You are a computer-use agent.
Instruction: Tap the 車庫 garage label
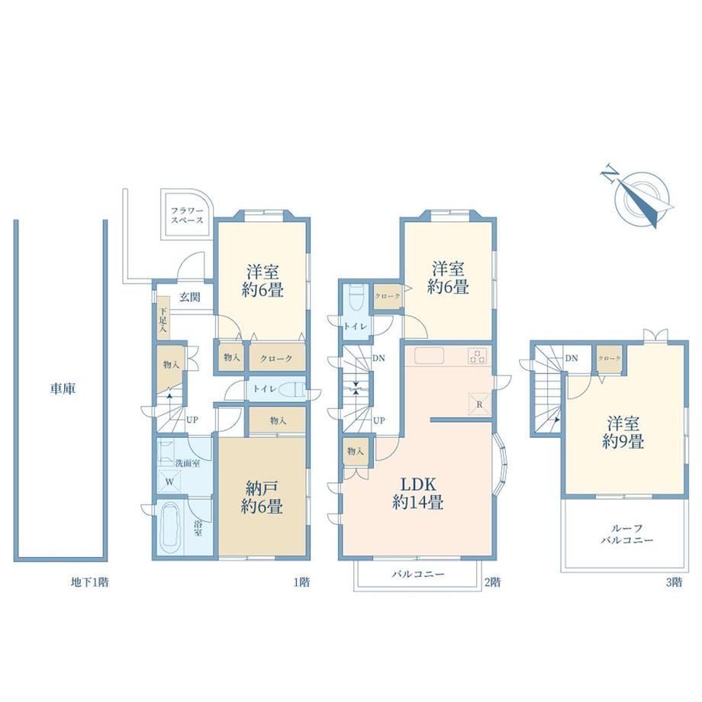(x=63, y=388)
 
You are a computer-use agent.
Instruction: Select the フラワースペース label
(x=187, y=215)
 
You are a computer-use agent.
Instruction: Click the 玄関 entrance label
(x=190, y=298)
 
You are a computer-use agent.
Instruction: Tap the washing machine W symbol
(x=169, y=481)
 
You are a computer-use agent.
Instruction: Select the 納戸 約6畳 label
(x=262, y=497)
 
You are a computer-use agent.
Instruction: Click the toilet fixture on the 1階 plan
(x=291, y=389)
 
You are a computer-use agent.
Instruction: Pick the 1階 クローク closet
(x=277, y=358)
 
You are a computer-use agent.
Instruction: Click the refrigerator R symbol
(x=479, y=404)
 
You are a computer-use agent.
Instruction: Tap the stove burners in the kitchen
(x=478, y=356)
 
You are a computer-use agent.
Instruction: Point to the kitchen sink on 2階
(x=429, y=356)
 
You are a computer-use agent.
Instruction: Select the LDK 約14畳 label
(x=418, y=494)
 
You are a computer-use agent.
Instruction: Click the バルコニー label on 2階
(x=418, y=574)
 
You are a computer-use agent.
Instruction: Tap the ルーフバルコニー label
(x=626, y=534)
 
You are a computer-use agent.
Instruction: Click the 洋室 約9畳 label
(x=623, y=433)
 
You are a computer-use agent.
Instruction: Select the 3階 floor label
(x=675, y=582)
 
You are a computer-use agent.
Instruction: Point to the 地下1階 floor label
(x=89, y=582)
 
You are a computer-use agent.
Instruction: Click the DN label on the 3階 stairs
(x=572, y=358)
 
